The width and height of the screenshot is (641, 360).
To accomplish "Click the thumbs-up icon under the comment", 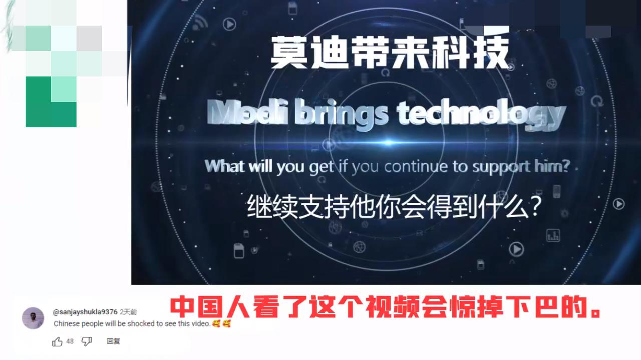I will pyautogui.click(x=57, y=341).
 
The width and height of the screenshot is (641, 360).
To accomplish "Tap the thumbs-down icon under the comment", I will pyautogui.click(x=87, y=341).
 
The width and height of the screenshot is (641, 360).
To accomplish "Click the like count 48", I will pyautogui.click(x=70, y=341).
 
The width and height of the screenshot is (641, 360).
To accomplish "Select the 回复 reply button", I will pyautogui.click(x=113, y=341).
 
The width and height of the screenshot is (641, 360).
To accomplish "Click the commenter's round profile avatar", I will pyautogui.click(x=33, y=318).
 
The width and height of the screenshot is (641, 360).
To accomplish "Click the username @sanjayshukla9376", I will pyautogui.click(x=85, y=312).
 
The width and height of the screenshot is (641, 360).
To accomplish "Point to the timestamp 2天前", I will pyautogui.click(x=128, y=312).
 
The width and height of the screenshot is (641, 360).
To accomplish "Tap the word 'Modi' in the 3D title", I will pyautogui.click(x=243, y=114).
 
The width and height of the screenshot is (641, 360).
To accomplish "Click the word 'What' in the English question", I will pyautogui.click(x=224, y=166).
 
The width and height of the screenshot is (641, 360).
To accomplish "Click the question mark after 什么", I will pyautogui.click(x=534, y=206).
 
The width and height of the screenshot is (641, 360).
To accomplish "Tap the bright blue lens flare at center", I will pyautogui.click(x=387, y=143).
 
